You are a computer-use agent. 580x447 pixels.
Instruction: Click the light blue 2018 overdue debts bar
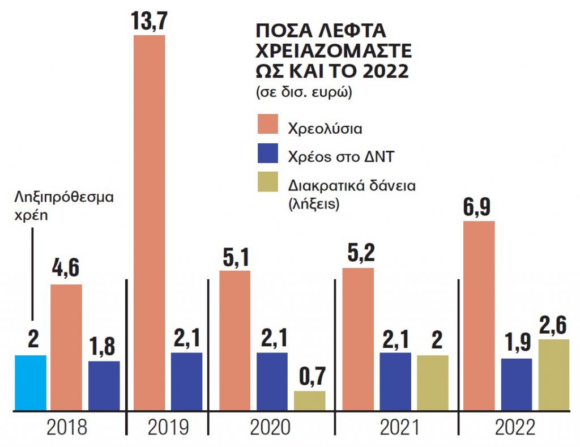[30, 382]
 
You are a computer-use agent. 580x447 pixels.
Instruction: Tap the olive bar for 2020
[309, 401]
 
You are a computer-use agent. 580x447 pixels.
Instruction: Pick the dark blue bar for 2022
[516, 384]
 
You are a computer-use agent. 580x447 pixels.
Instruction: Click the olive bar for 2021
[432, 382]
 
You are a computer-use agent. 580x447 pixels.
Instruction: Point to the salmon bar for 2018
[66, 347]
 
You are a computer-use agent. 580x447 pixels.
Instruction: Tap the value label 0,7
[309, 377]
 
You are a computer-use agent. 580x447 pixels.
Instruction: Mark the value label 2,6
[553, 326]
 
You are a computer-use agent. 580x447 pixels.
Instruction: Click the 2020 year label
[270, 428]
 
